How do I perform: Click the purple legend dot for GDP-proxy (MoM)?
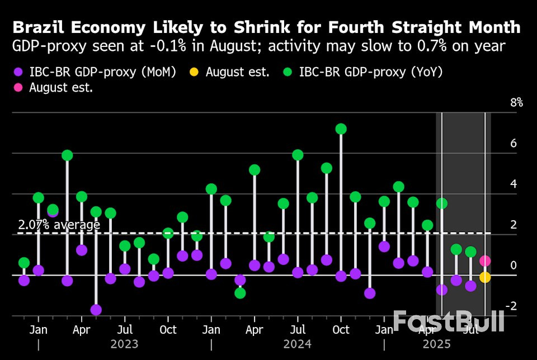(18, 72)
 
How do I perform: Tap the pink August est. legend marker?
(18, 88)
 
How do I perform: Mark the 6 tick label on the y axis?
(514, 144)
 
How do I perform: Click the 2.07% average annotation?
(59, 225)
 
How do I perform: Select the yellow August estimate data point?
(485, 277)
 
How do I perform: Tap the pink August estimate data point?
(485, 260)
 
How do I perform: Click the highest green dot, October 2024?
(341, 129)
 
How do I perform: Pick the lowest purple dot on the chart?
(96, 310)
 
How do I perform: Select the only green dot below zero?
(240, 293)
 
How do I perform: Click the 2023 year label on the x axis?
(124, 344)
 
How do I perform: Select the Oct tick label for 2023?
(168, 329)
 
